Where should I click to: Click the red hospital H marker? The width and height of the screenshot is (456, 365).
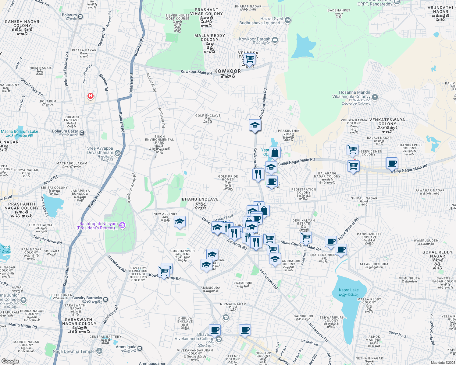(x=90, y=96)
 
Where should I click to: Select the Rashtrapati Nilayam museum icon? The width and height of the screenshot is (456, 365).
(x=122, y=225)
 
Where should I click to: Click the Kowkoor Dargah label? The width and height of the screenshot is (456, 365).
(x=255, y=39)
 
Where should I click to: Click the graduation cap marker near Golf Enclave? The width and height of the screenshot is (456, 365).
(x=255, y=125)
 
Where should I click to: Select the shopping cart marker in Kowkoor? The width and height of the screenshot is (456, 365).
(x=249, y=59)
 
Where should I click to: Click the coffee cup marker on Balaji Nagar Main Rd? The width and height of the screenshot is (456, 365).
(x=392, y=163)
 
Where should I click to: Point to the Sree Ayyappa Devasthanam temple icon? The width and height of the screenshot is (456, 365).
(x=118, y=153)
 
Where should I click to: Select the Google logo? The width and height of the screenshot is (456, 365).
(x=10, y=361)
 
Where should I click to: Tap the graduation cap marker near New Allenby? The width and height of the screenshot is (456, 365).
(x=180, y=222)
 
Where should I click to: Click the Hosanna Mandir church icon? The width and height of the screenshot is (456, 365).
(x=375, y=97)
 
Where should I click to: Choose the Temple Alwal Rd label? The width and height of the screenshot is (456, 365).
(x=47, y=240)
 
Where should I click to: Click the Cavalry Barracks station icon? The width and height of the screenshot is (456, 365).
(x=105, y=299)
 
